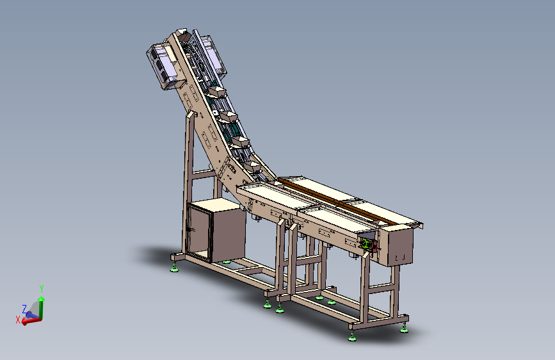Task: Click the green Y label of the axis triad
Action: click(x=42, y=288)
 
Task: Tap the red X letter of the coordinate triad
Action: click(x=18, y=320)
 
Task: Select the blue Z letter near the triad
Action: click(x=24, y=309)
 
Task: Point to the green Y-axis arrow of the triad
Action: click(x=42, y=307)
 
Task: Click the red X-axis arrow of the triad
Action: click(x=31, y=321)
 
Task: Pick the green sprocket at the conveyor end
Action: click(x=365, y=244)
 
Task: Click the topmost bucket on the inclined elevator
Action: click(x=217, y=92)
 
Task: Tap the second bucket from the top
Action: click(x=229, y=117)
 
